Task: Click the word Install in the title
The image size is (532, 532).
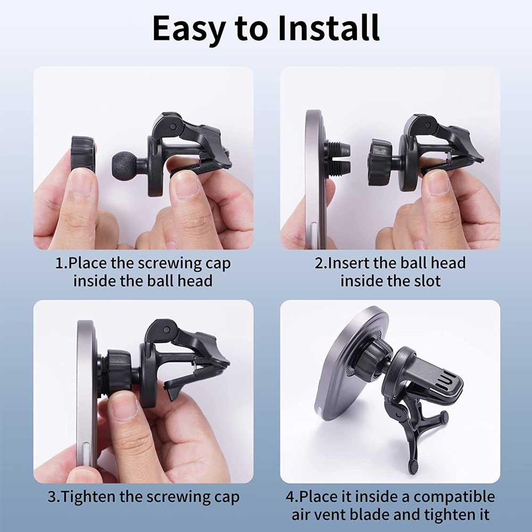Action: coord(328,28)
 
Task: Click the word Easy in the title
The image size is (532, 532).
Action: coord(189,30)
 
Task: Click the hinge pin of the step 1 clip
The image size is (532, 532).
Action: coord(173,127)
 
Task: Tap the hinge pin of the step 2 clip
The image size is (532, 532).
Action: coord(428,125)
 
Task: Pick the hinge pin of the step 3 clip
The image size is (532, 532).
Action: coord(166,329)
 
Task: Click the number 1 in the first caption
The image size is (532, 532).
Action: coord(60,263)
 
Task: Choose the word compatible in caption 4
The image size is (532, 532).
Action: coord(454,497)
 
